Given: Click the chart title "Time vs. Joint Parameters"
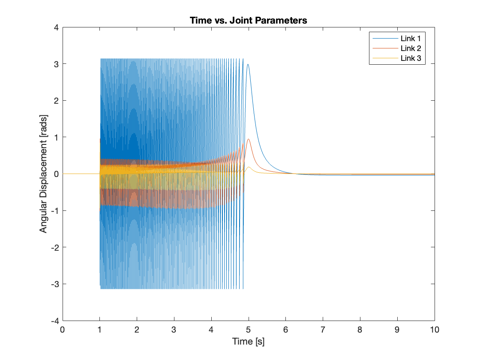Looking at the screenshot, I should (x=249, y=21).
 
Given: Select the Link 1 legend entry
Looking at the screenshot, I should (x=411, y=38).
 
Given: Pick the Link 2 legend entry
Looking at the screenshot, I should (x=411, y=48).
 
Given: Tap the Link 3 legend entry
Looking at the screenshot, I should (x=411, y=58).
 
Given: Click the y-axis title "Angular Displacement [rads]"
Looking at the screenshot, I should (x=43, y=174).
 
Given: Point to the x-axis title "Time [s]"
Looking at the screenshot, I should (x=249, y=342).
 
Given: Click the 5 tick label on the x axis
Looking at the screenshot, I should (x=249, y=330).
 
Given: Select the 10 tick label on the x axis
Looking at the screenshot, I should (x=435, y=330).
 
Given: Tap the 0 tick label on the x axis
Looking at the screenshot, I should (x=63, y=330).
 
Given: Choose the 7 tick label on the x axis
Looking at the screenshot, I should (x=323, y=330).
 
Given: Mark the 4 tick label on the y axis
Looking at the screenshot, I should (x=56, y=27).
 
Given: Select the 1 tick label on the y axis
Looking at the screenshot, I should (x=56, y=137).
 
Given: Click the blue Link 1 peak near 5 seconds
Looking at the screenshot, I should (x=248, y=65).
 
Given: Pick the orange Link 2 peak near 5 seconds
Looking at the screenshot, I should (x=249, y=139).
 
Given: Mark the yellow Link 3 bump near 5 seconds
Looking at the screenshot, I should (x=249, y=167).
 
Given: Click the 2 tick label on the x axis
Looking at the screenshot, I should (x=137, y=330).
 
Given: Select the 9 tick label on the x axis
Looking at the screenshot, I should (x=397, y=330).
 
